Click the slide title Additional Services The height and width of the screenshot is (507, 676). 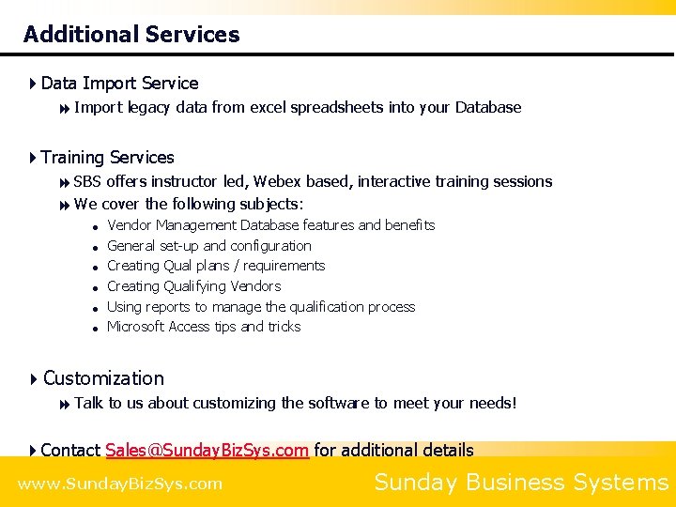(131, 35)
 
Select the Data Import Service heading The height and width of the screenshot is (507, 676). (119, 84)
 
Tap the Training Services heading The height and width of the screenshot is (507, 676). (107, 158)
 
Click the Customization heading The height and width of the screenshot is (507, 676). (103, 378)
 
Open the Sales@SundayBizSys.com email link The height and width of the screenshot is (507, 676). (207, 450)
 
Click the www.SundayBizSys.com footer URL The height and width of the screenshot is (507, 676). (120, 484)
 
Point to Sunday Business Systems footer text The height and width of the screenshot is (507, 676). (521, 483)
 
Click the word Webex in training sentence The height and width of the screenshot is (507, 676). (277, 181)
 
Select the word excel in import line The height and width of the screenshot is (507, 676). (268, 107)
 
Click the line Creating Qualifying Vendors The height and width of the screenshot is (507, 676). (193, 286)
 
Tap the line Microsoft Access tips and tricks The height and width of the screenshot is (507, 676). (204, 327)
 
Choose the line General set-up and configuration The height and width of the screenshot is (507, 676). (208, 246)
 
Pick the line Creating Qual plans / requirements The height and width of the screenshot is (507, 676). (216, 266)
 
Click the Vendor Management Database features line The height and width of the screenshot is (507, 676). (270, 225)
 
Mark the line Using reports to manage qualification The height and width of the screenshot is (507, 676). (261, 307)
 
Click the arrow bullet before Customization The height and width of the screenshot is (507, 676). (33, 378)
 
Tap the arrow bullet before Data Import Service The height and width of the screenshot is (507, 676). (33, 84)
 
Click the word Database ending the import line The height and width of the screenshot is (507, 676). (488, 107)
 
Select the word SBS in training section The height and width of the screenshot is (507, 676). (87, 181)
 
